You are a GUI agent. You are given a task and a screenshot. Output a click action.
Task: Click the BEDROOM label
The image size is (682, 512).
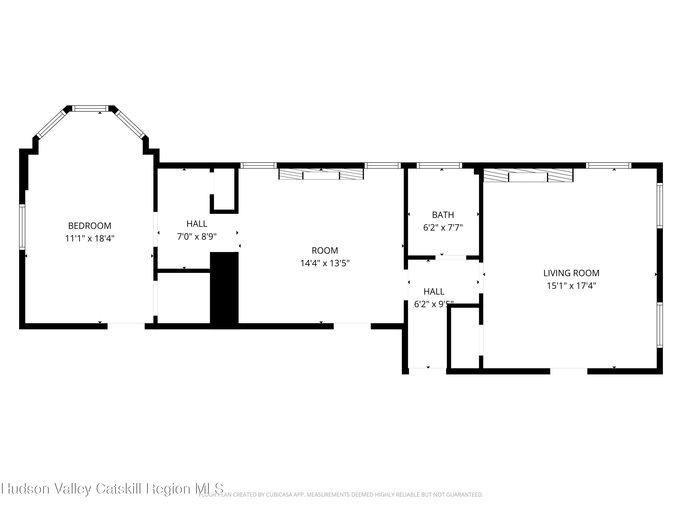coord(90,226)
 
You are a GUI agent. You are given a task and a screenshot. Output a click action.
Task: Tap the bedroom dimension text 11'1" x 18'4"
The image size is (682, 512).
coord(90,238)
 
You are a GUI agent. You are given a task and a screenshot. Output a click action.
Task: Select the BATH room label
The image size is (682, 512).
coord(443,215)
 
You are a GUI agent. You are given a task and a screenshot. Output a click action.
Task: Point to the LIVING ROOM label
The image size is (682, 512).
coord(571,273)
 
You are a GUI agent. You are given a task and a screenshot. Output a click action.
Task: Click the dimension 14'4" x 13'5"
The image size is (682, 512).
coord(325,263)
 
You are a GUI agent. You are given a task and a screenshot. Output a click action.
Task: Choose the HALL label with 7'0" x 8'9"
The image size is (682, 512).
coord(197,224)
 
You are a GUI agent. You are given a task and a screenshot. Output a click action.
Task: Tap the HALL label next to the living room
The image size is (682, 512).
coord(434,292)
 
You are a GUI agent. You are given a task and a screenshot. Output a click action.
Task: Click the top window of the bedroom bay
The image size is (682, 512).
coord(90,108)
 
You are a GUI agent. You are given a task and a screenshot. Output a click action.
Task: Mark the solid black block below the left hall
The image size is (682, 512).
coord(224,290)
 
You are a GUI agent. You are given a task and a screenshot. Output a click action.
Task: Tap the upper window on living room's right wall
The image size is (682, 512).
coord(659,205)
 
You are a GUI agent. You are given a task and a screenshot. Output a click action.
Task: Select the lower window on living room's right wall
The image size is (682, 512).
coord(659,325)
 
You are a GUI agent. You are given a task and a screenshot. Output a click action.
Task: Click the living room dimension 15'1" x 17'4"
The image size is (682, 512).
coord(571,286)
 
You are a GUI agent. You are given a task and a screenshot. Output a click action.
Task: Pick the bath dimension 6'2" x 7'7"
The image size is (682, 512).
coord(443,228)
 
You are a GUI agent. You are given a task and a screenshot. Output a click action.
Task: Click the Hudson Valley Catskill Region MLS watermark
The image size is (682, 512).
coord(113,489)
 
